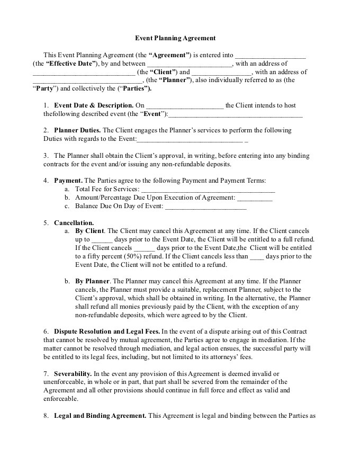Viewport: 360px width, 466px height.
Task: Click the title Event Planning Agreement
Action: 175,38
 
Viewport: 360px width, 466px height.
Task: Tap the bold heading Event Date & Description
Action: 94,105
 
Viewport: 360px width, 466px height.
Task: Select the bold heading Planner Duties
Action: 77,130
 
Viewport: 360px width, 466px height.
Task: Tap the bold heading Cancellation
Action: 74,222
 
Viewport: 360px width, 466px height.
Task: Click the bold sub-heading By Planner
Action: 93,281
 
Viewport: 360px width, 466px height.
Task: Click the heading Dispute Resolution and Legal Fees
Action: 106,331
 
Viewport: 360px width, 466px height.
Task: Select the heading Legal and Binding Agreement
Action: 100,415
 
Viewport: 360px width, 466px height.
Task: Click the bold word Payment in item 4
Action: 67,181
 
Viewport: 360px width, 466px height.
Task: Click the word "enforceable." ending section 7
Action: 60,398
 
